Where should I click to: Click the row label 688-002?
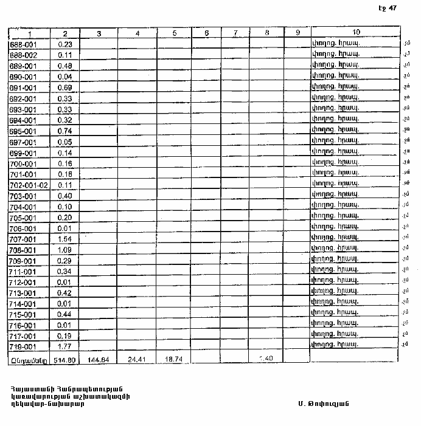coord(24,55)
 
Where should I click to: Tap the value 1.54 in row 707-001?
coord(64,239)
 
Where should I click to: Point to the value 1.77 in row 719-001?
coord(64,346)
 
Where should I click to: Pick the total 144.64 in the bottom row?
coord(99,359)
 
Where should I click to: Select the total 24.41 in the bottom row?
coord(137,359)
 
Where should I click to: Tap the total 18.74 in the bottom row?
coord(174,359)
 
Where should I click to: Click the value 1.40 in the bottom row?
coord(266,359)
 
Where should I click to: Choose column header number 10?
coord(356,32)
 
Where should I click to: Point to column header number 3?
coord(99,32)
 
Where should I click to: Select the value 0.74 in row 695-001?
coord(64,131)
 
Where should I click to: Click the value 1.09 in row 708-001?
coord(64,250)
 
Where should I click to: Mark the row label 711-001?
coord(24,271)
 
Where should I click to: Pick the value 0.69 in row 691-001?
coord(64,88)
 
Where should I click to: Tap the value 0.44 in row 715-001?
coord(64,314)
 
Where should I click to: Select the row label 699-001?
coord(24,153)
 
